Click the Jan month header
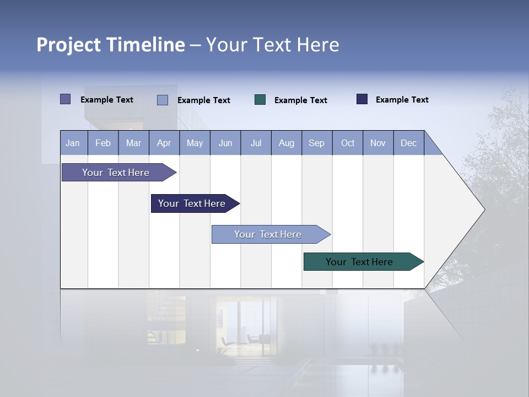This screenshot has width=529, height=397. point(73,143)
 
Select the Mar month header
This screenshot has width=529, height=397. point(133,143)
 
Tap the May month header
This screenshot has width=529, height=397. point(195,143)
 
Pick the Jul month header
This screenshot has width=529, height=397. point(256,143)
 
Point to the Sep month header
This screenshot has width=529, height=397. point(316,143)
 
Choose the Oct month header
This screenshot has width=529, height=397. point(348,143)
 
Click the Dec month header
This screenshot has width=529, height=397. point(408,143)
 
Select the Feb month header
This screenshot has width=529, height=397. point(103,143)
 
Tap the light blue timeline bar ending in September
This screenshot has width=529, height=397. point(268,234)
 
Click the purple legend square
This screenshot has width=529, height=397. point(66,99)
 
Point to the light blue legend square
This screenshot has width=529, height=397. point(163,100)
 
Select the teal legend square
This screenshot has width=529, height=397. point(260,100)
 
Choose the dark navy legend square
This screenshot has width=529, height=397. point(362,99)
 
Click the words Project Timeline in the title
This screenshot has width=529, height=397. point(111,45)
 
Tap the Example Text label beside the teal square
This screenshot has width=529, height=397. point(301,100)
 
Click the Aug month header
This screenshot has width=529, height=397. point(286,143)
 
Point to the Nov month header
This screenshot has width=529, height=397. point(378,143)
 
